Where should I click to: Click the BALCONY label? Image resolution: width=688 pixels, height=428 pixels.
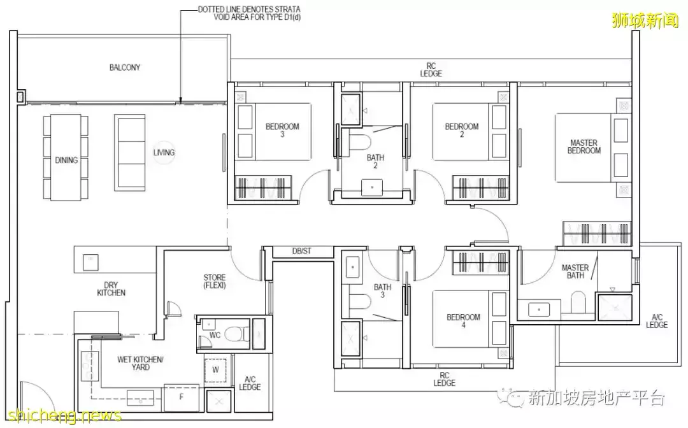click(125, 67)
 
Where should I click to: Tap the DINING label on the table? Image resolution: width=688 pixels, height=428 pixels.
click(66, 160)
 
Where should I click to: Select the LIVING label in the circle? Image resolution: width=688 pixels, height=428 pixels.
click(164, 152)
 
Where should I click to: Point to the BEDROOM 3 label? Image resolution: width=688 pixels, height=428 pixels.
click(282, 130)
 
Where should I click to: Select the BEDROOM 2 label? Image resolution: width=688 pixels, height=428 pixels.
click(462, 130)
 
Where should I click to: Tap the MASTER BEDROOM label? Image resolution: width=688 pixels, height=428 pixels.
click(584, 146)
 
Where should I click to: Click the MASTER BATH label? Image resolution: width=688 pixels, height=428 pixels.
click(575, 271)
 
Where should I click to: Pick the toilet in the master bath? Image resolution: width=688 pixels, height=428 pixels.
click(578, 302)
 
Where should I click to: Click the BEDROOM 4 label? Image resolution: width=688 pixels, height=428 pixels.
click(463, 320)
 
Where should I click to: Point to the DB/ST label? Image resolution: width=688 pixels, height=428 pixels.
click(301, 252)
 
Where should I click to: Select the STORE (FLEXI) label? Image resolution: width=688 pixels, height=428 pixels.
click(215, 281)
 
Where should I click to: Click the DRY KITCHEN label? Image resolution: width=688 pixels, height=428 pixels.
click(111, 289)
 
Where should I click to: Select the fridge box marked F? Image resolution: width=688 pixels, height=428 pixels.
click(181, 397)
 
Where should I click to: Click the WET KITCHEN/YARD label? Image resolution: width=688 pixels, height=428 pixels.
click(140, 363)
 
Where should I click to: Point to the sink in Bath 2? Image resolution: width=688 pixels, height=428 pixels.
click(372, 188)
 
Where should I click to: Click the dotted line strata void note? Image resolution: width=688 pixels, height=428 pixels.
click(249, 13)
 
